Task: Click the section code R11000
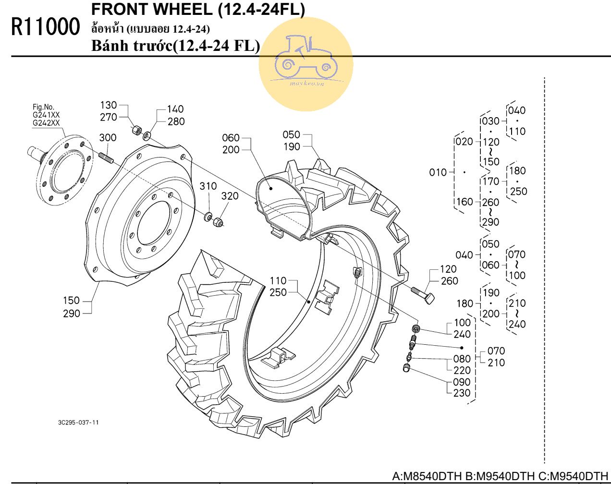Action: (x=46, y=27)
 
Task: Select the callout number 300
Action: (x=108, y=138)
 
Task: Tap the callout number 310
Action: (x=208, y=186)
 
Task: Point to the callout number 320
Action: (x=230, y=196)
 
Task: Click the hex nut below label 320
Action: (x=218, y=222)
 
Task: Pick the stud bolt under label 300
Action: (x=106, y=157)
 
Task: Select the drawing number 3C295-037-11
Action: (x=78, y=423)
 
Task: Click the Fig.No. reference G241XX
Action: (x=46, y=115)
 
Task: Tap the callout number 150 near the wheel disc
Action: (x=71, y=301)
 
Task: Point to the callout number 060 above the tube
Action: (x=231, y=138)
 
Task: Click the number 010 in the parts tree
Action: (x=438, y=172)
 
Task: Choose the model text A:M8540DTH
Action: (x=427, y=477)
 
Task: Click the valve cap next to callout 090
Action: (x=406, y=368)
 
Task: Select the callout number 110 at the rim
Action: (x=278, y=281)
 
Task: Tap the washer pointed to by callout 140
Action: (x=147, y=136)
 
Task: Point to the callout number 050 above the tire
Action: (x=291, y=135)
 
